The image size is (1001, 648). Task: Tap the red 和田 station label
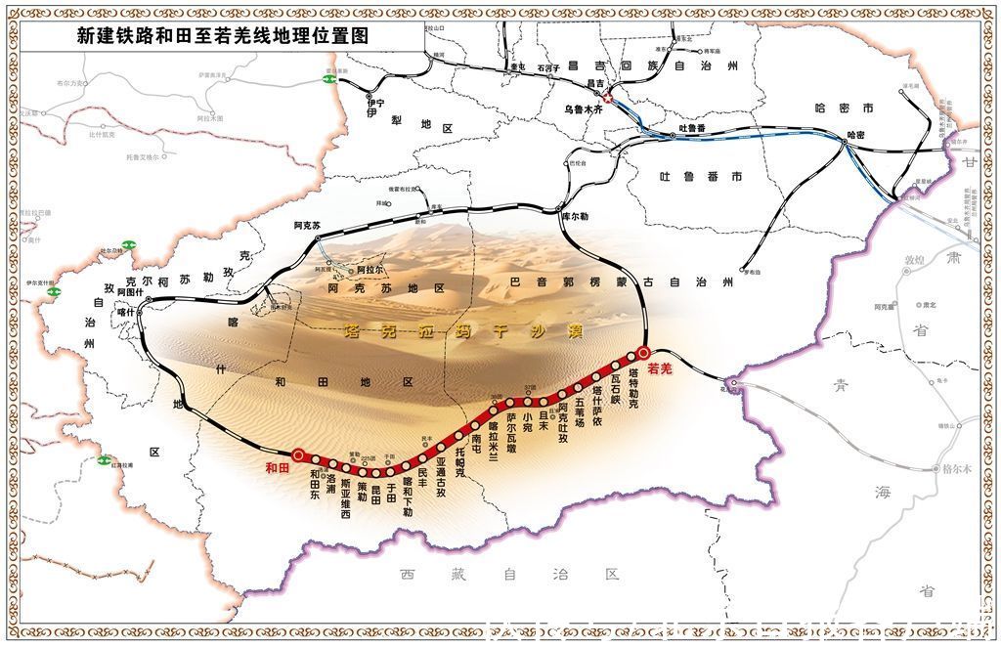tap(278, 468)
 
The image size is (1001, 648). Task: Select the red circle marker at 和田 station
tap(298, 454)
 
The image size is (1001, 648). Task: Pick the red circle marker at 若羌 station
tap(643, 353)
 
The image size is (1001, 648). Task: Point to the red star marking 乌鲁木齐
tap(606, 98)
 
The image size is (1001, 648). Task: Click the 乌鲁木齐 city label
tap(587, 109)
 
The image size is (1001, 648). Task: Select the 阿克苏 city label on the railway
tap(307, 226)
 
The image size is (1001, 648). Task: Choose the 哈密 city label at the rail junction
tap(856, 135)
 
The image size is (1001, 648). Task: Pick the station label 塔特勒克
tap(633, 387)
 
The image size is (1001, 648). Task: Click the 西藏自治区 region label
tap(508, 575)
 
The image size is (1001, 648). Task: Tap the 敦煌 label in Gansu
tap(914, 261)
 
